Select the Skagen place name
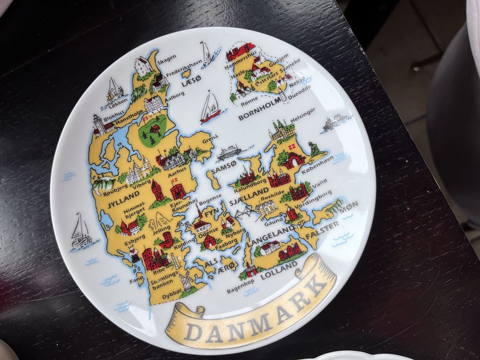[x=166, y=58]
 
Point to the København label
[x=318, y=164]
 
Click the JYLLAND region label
[x=123, y=196]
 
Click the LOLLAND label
[x=279, y=272]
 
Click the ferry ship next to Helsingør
[x=335, y=122]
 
